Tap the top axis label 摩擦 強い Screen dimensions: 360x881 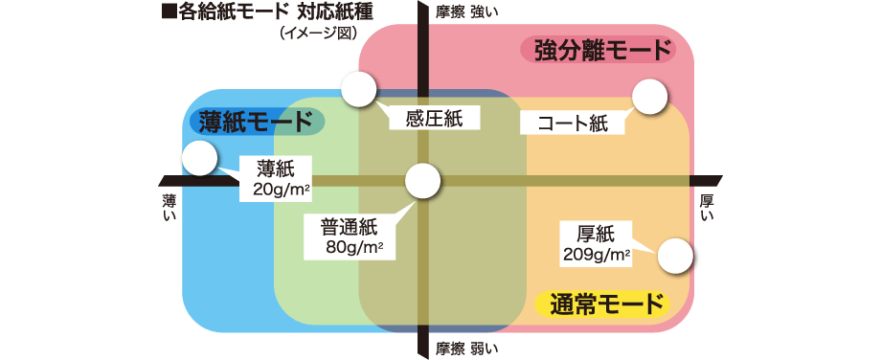coord(467,11)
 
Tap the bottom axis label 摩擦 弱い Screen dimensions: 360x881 coord(467,348)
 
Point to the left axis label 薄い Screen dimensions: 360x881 coord(169,208)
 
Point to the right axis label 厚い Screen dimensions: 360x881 coord(708,208)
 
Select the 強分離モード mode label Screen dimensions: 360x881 coord(598,51)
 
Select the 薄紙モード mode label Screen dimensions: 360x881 coord(256,122)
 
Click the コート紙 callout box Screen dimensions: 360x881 coord(572,123)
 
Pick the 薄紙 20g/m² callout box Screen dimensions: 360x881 coord(279,179)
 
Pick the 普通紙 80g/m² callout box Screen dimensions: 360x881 coord(351,236)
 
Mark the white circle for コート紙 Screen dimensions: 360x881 coord(649,96)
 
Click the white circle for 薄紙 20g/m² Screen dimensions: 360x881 coord(199,158)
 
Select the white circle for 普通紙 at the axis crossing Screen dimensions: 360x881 coord(422,180)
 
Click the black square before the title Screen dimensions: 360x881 coord(169,13)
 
